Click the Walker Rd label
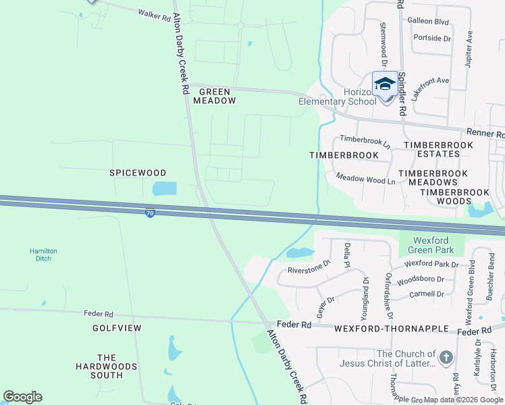(154, 14)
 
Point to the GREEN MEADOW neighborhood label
(215, 96)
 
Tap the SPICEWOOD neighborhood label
(138, 173)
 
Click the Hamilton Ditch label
(43, 254)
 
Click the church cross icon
(446, 358)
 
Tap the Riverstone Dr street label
(309, 267)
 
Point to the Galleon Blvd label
(428, 22)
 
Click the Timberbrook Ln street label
(365, 142)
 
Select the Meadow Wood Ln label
(365, 178)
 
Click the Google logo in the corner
(22, 397)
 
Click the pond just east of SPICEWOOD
(164, 188)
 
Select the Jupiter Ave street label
(469, 49)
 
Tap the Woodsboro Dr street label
(420, 279)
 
